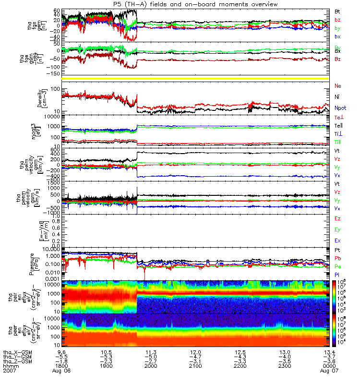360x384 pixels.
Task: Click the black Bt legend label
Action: (x=337, y=11)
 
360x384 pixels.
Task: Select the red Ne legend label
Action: (x=338, y=85)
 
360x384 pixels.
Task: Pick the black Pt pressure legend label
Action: (x=337, y=251)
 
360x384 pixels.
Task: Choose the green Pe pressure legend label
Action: (x=337, y=266)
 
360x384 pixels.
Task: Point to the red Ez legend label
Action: (x=337, y=218)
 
